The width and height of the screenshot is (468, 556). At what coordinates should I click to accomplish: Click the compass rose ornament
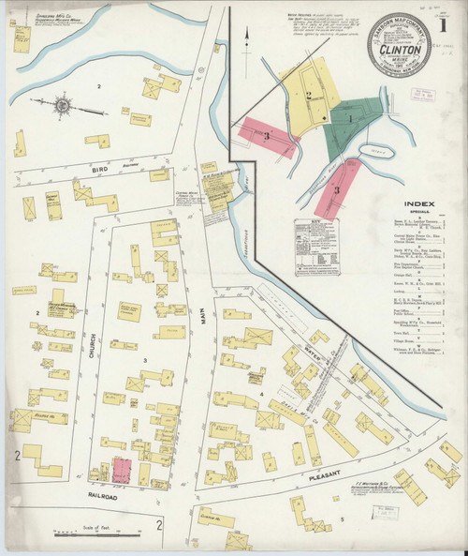click(x=63, y=106)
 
